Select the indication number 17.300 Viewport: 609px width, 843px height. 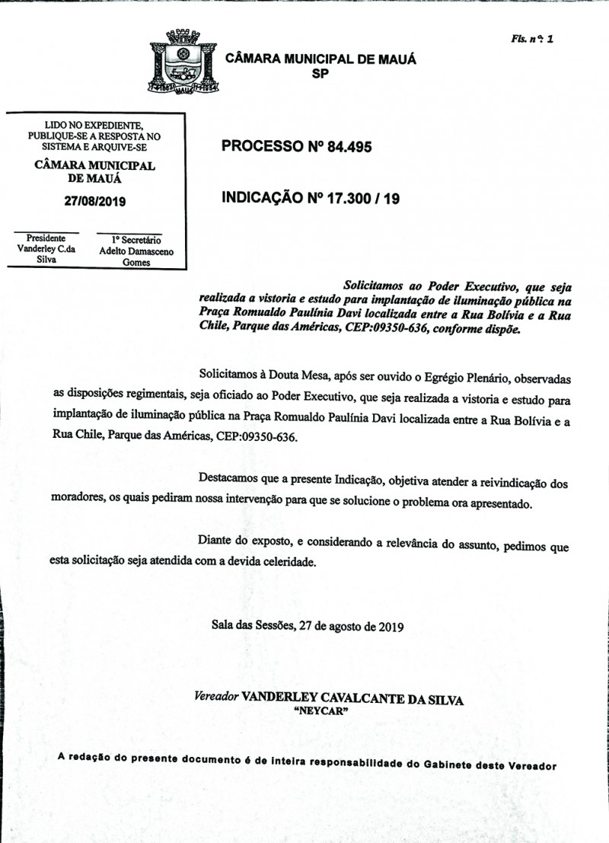353,199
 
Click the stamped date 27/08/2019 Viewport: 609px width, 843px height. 94,202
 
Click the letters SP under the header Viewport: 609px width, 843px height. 320,74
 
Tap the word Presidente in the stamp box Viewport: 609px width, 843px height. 46,238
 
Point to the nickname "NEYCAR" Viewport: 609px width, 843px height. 320,710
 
